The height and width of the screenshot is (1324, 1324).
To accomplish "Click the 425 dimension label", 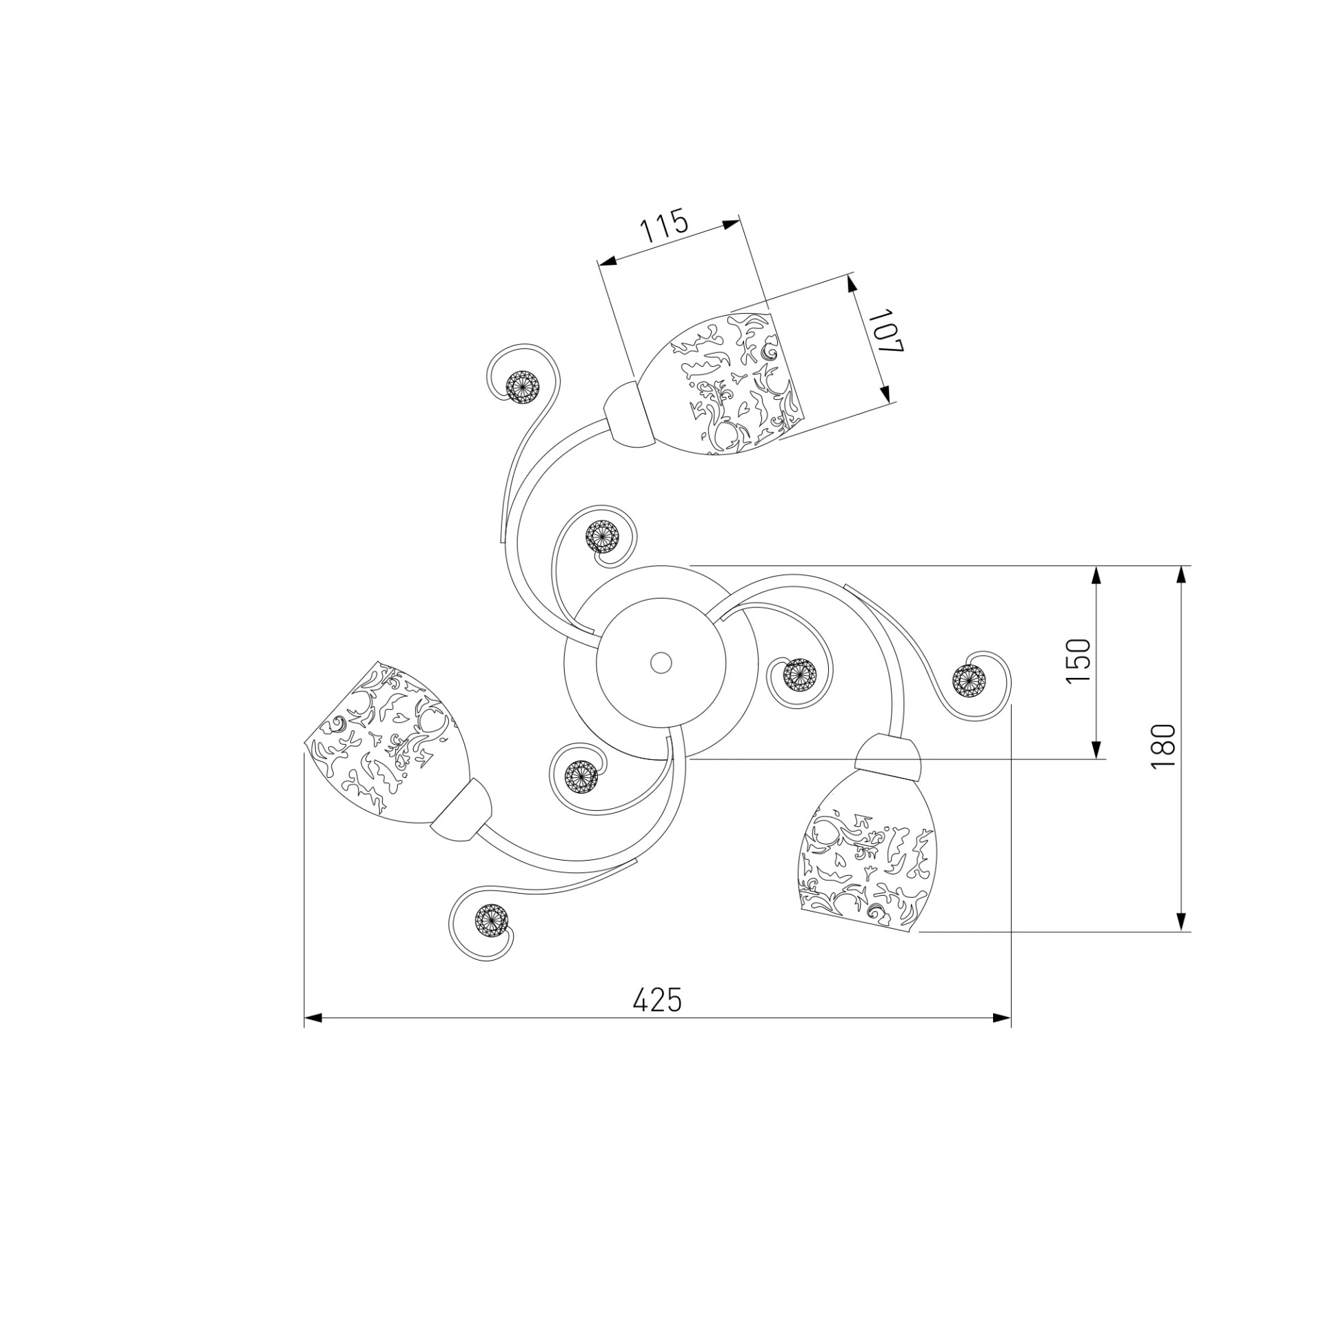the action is tap(657, 999).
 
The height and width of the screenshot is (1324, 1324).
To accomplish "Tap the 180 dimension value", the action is tap(1163, 748).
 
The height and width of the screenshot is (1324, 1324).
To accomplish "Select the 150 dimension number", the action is tap(1079, 661).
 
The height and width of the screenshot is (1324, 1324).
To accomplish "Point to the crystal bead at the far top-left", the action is tap(523, 388).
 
